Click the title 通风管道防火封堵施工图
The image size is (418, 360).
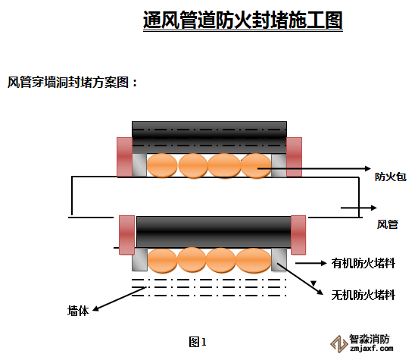click(242, 20)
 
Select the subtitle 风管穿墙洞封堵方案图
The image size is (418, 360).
click(70, 82)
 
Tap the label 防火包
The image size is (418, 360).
click(391, 177)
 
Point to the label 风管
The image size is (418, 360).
click(388, 224)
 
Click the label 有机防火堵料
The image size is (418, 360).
click(363, 264)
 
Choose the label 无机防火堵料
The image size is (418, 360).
click(363, 295)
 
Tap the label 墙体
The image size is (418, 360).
click(78, 311)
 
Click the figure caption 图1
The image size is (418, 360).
click(198, 342)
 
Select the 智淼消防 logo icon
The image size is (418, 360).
click(338, 344)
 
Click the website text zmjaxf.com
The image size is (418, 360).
click(372, 349)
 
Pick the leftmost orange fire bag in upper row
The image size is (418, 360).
click(162, 165)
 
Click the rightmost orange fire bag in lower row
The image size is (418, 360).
click(254, 261)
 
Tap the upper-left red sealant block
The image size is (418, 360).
click(125, 157)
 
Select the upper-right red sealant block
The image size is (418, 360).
click(294, 157)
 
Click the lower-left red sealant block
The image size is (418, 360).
click(127, 235)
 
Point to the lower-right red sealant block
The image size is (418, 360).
click(298, 235)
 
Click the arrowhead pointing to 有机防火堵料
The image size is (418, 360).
click(323, 263)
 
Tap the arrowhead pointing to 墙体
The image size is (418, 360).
click(95, 308)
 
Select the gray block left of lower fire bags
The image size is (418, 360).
click(139, 259)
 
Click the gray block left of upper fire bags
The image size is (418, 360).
click(139, 165)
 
